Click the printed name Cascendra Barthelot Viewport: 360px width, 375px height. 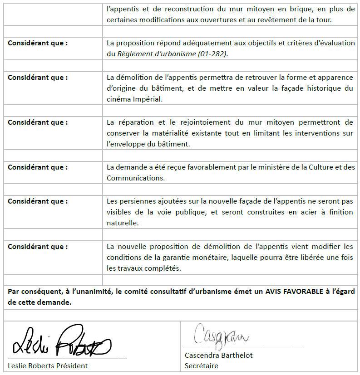[x=218, y=355]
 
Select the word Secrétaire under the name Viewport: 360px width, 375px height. [x=201, y=365]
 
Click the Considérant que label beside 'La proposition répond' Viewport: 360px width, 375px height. [x=38, y=43]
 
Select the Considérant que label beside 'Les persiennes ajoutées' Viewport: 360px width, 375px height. [x=38, y=201]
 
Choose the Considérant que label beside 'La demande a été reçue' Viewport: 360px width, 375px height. [x=38, y=167]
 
